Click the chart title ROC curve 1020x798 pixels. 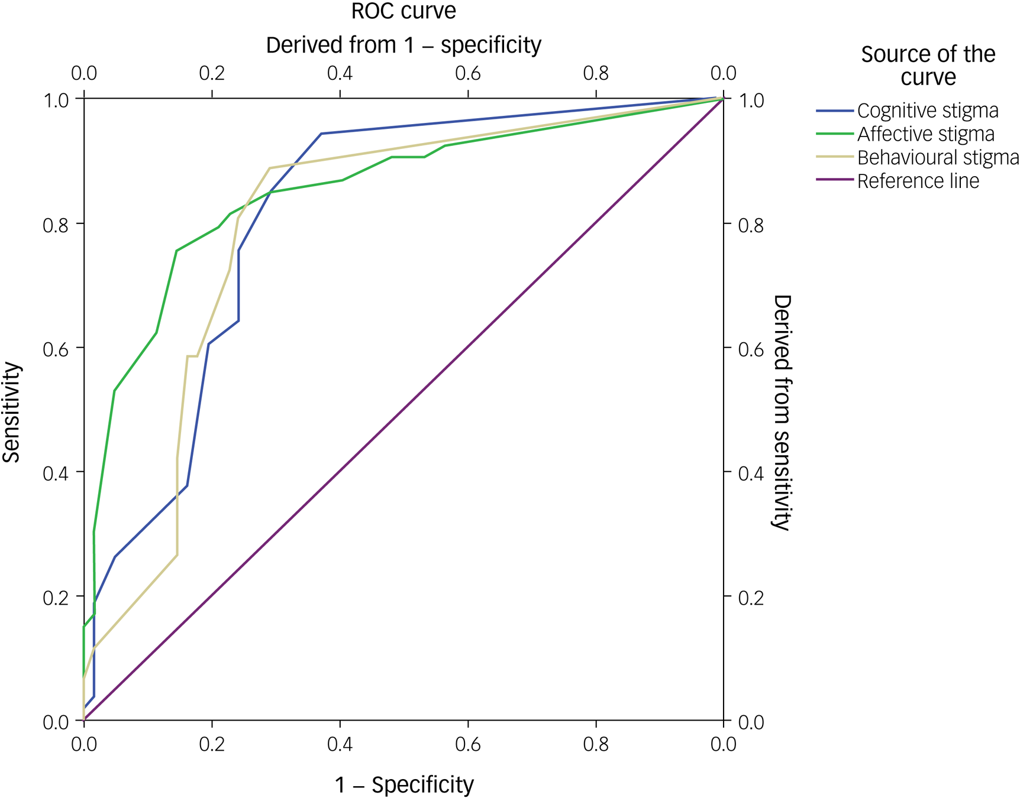coord(404,12)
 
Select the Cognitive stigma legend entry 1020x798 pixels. coord(927,111)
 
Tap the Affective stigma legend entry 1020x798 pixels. coord(925,134)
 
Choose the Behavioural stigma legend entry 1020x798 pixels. coord(938,158)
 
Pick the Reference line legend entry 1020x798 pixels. coord(918,181)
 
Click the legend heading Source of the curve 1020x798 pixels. coord(928,66)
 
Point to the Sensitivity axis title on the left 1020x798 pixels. coord(12,412)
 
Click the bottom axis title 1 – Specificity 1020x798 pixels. coord(404,785)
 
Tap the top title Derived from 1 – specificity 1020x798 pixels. coord(404,45)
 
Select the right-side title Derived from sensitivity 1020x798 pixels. coord(782,413)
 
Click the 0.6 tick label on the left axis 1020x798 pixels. coord(56,349)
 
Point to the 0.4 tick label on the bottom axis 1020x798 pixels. coord(340,744)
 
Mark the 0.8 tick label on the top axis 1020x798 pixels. coord(595,73)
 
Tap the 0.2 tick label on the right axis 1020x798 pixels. coord(751,598)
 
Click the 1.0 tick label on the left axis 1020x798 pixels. coord(56,100)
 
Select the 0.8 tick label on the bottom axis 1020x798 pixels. coord(595,744)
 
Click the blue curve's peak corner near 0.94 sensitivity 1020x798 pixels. coord(321,134)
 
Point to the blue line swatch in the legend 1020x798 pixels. coord(834,111)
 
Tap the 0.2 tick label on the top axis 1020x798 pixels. coord(212,73)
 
